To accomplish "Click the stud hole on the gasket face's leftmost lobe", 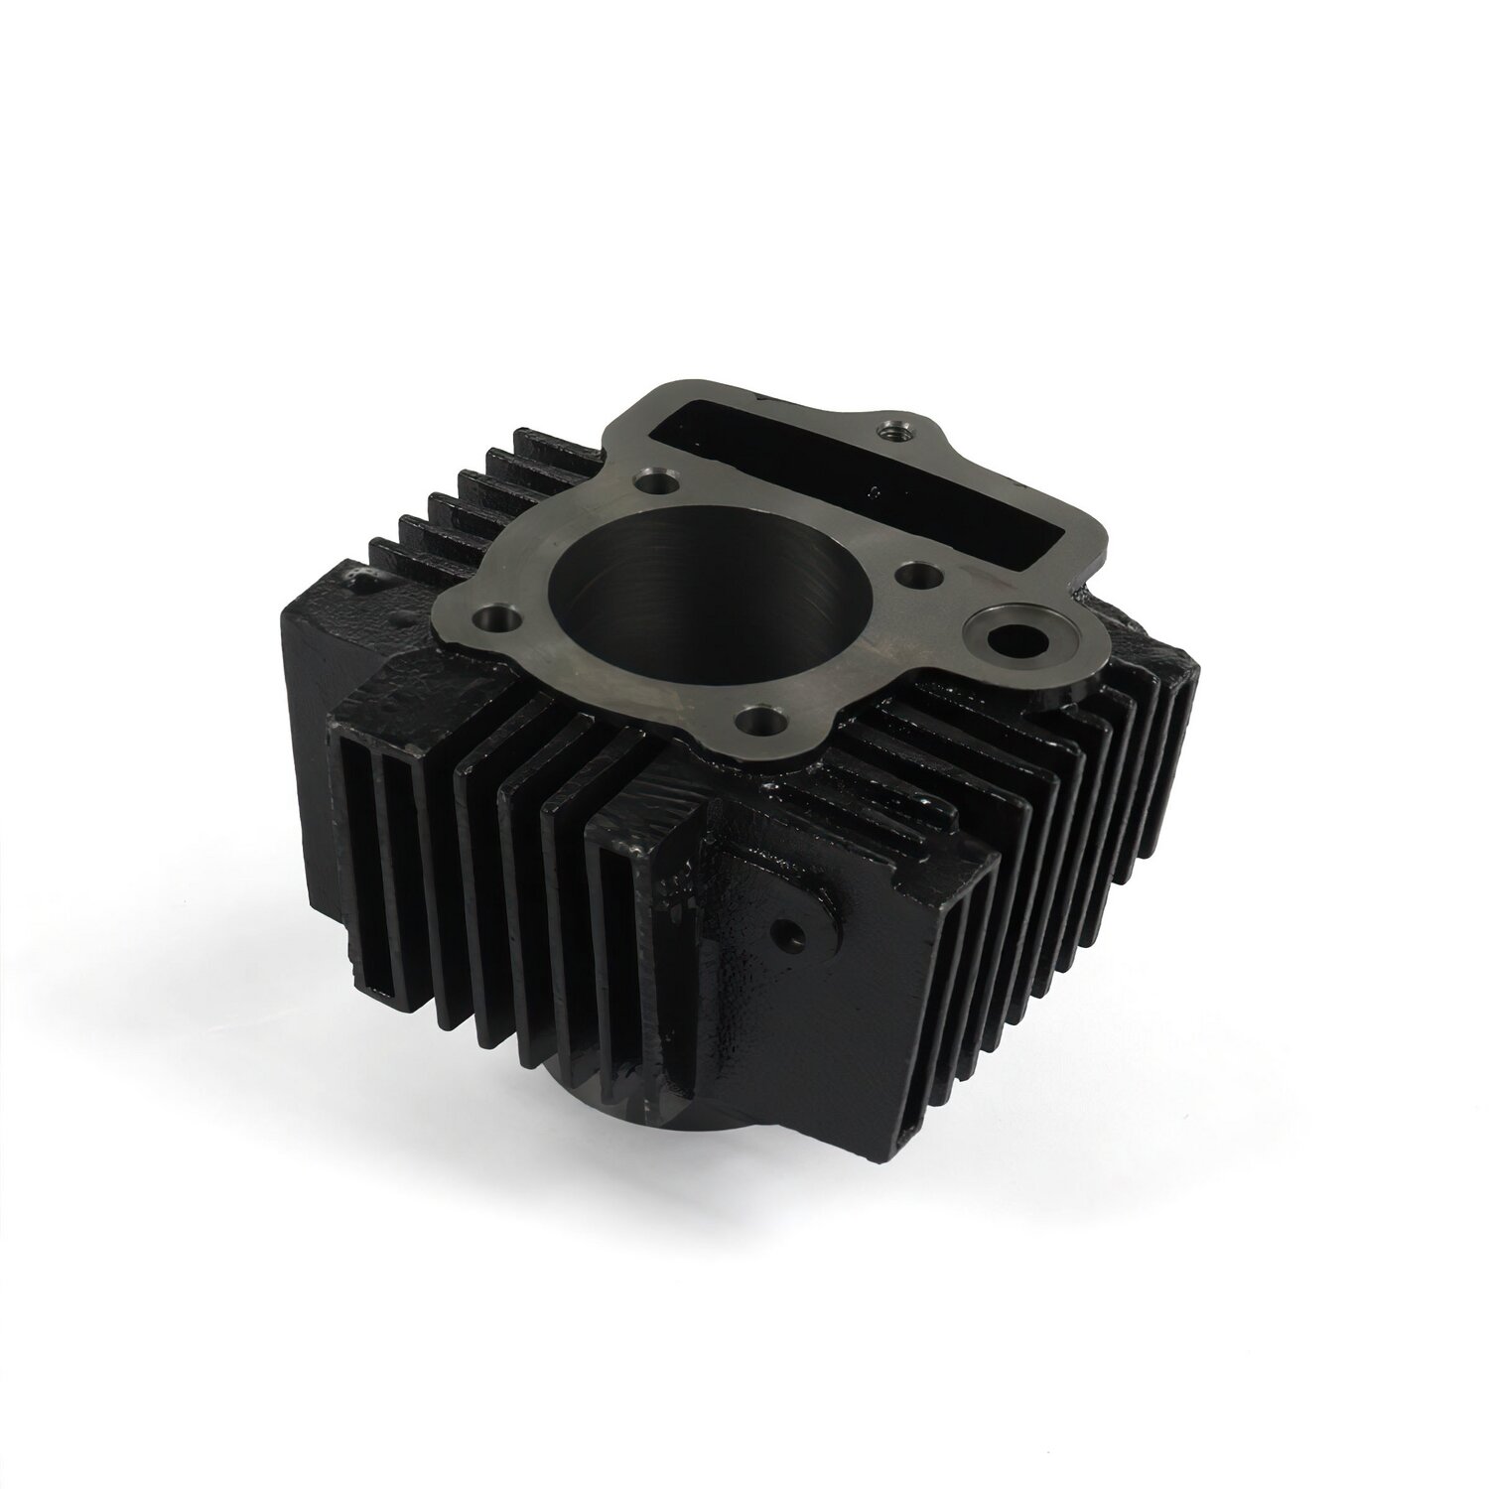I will coord(495,619).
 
